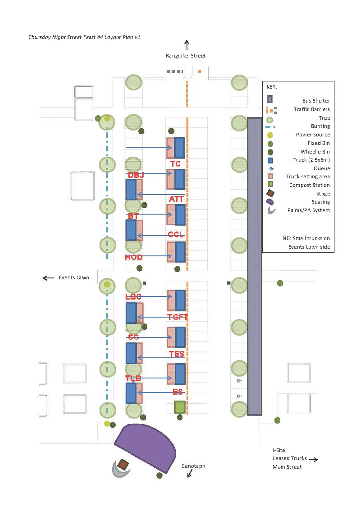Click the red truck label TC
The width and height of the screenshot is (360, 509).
coord(175,164)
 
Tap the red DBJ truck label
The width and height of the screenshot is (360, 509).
coord(136,175)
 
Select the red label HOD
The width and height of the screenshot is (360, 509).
coord(134,257)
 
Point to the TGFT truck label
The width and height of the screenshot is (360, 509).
coord(178,317)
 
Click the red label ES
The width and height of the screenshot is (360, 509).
coord(178,392)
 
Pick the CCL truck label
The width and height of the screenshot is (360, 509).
coord(176,235)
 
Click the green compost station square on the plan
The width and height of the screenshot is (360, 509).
coord(180,407)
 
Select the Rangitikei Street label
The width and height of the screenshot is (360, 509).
coord(185,56)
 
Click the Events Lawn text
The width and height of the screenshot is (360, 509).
coord(74,277)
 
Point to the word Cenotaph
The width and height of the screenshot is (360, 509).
coord(193,466)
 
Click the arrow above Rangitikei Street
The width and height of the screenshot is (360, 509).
coord(187,45)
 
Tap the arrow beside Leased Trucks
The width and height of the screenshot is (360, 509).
coord(314,459)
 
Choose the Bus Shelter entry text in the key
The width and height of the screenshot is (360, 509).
coord(316,101)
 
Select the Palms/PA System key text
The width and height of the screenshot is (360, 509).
coord(308,210)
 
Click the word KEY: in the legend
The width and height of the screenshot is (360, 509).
coord(271,87)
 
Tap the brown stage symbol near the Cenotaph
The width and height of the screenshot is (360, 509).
coord(123,464)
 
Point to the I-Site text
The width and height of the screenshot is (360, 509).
coord(279,450)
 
